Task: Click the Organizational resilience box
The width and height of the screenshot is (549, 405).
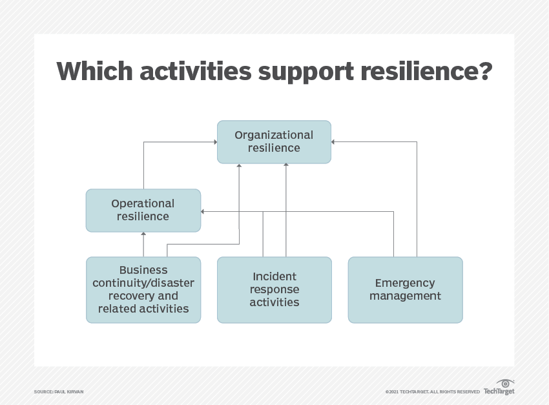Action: (274, 141)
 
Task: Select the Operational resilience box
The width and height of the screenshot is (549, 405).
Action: (143, 211)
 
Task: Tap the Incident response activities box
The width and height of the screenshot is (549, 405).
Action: (274, 290)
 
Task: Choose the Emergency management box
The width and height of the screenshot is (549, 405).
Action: (405, 290)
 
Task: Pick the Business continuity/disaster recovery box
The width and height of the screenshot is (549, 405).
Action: (143, 290)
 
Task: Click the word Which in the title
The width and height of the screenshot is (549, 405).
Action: (94, 71)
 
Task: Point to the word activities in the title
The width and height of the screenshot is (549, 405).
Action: (196, 71)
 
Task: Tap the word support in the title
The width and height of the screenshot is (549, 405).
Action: (306, 73)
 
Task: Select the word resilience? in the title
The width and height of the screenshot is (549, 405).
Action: (426, 71)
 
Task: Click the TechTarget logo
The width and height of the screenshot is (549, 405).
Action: (499, 387)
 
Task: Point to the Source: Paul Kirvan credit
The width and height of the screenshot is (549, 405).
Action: (59, 391)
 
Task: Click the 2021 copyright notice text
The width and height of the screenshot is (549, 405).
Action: (432, 391)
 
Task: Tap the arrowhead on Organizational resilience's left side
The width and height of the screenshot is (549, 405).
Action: (216, 141)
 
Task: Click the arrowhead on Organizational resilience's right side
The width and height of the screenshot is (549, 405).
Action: (333, 141)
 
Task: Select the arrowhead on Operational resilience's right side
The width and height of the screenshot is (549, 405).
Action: (202, 211)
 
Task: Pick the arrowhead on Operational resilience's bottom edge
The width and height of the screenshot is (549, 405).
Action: (143, 234)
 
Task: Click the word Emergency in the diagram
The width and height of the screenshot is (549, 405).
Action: (405, 283)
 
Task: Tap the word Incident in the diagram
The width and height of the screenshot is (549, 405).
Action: (274, 276)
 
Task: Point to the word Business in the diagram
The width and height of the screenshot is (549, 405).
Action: (143, 270)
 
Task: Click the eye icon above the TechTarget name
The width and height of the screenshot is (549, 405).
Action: (505, 383)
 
